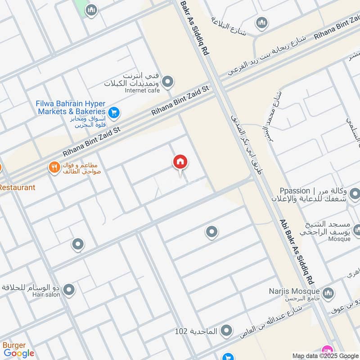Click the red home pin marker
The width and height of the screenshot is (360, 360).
pyautogui.click(x=180, y=162)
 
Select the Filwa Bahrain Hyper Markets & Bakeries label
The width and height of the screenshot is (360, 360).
pyautogui.click(x=71, y=108)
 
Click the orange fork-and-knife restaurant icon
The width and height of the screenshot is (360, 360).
pyautogui.click(x=54, y=168)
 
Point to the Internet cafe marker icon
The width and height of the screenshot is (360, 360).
pyautogui.click(x=168, y=82)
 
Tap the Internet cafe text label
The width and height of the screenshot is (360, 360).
pyautogui.click(x=142, y=90)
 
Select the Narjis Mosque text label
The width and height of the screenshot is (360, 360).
pyautogui.click(x=300, y=292)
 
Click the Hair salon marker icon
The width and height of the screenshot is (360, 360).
pyautogui.click(x=69, y=290)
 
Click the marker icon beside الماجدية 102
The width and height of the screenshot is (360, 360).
pyautogui.click(x=227, y=332)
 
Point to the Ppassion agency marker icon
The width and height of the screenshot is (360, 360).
pyautogui.click(x=355, y=194)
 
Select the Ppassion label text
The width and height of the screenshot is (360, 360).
pyautogui.click(x=294, y=191)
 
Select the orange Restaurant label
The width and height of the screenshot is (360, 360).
pyautogui.click(x=17, y=187)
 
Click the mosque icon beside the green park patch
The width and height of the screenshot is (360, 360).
pyautogui.click(x=92, y=10)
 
